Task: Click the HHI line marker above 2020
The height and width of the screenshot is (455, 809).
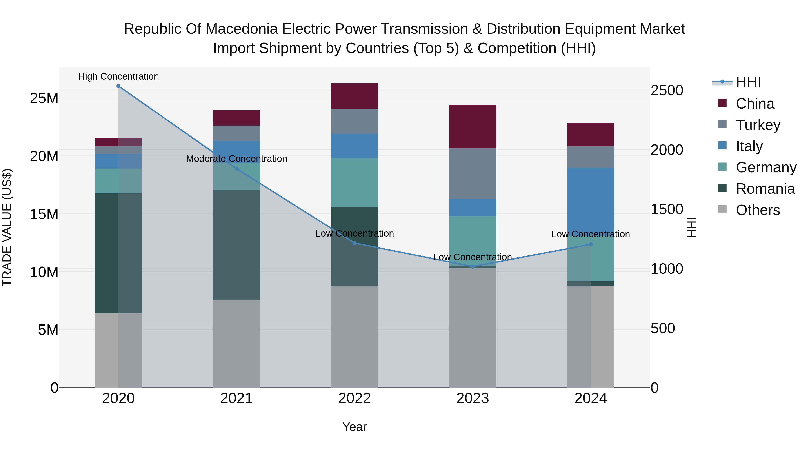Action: point(118,86)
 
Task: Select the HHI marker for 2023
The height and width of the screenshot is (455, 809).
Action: point(473,266)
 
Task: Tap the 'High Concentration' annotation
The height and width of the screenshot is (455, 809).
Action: point(118,77)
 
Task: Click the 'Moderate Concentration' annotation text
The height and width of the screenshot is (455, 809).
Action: point(236,159)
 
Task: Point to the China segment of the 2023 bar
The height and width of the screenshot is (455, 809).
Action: point(473,127)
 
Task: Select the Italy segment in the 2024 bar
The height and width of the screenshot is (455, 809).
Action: point(591,201)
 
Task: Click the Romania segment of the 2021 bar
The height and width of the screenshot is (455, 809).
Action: point(236,245)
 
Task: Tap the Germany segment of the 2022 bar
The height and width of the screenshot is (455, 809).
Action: point(355,182)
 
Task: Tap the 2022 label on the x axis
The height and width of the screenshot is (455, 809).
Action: point(355,398)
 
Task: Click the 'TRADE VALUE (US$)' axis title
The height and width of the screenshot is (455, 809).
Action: point(7,227)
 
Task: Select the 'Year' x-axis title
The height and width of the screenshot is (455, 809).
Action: point(355,427)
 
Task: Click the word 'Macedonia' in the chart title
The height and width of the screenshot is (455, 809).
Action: point(242,29)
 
